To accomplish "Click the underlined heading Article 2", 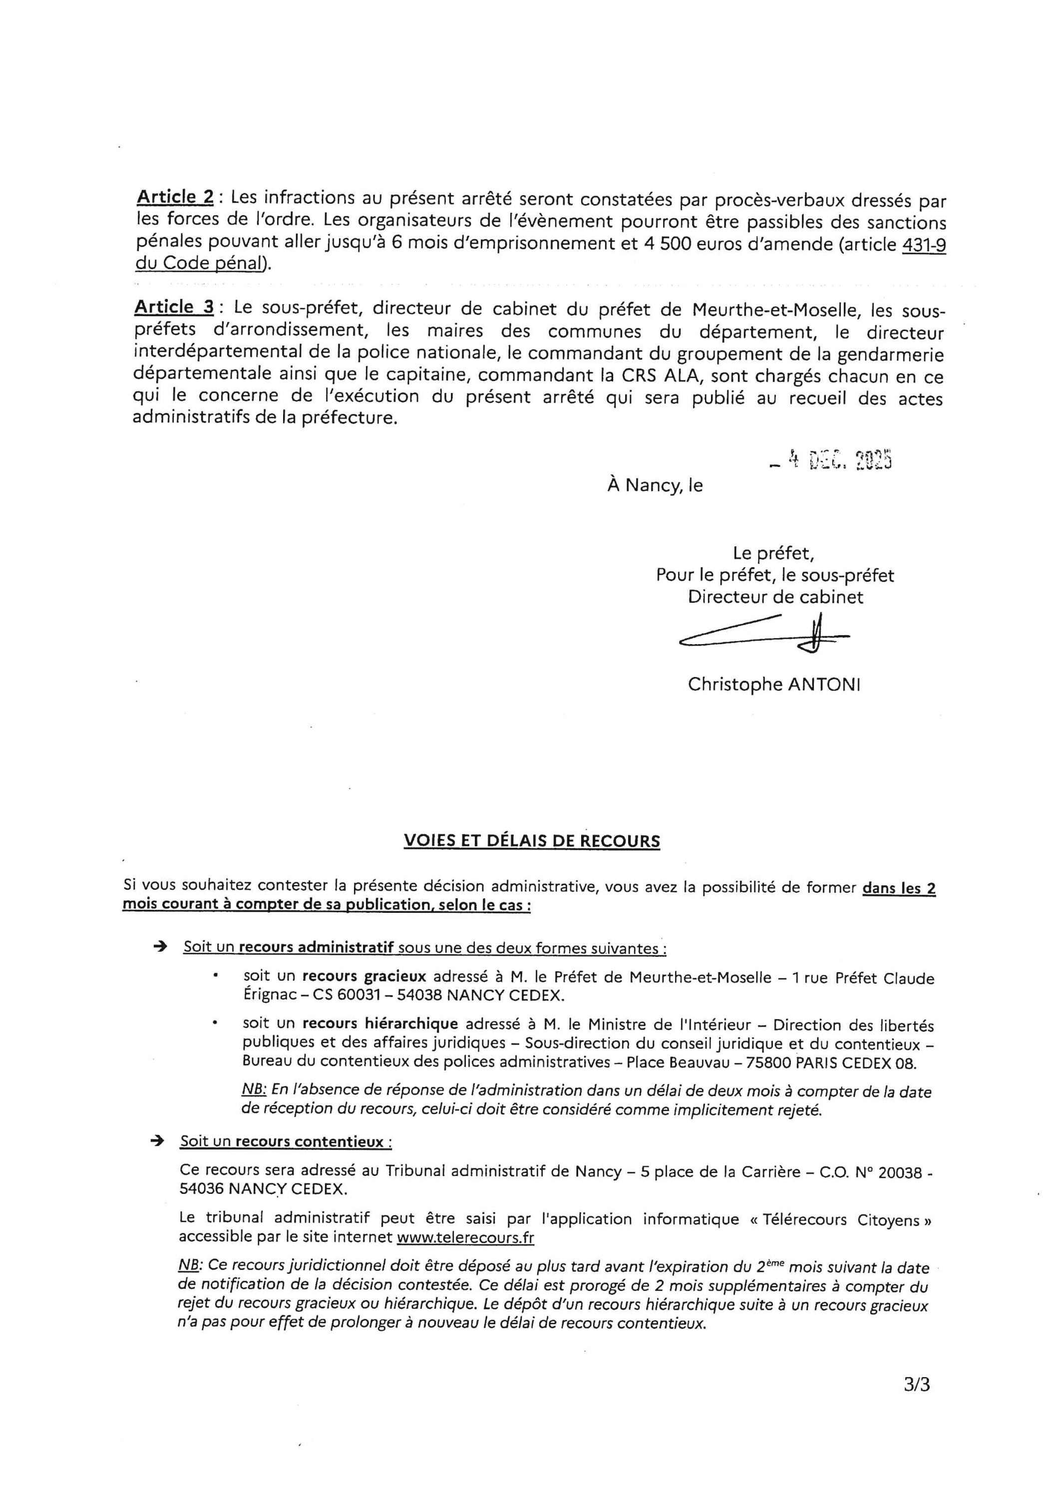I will (175, 197).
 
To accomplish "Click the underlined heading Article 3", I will (174, 307).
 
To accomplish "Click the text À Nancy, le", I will (655, 485).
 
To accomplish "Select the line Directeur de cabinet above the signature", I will (775, 597).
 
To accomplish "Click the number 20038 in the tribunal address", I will (900, 1172).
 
